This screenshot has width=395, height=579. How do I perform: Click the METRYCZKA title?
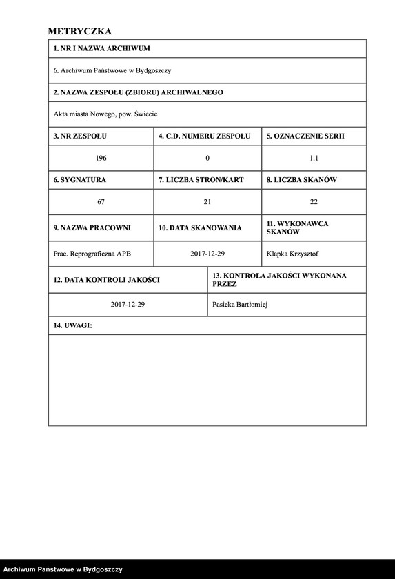pyautogui.click(x=80, y=31)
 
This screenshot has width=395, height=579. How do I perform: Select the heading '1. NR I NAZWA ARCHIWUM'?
pyautogui.click(x=101, y=49)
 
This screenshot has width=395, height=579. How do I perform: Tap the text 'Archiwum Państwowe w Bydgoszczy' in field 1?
pyautogui.click(x=116, y=70)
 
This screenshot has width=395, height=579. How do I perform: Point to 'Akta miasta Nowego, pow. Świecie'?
pyautogui.click(x=110, y=114)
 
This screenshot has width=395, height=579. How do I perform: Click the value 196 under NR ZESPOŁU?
pyautogui.click(x=101, y=159)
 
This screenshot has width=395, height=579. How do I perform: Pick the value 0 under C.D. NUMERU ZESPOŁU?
pyautogui.click(x=207, y=159)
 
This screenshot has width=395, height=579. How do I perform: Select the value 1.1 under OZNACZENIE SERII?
pyautogui.click(x=314, y=159)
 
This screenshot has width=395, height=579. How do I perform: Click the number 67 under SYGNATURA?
pyautogui.click(x=101, y=202)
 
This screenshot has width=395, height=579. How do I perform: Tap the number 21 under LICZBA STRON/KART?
pyautogui.click(x=207, y=202)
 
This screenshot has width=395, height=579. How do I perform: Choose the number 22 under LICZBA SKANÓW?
pyautogui.click(x=314, y=202)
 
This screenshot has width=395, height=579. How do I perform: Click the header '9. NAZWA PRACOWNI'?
pyautogui.click(x=92, y=227)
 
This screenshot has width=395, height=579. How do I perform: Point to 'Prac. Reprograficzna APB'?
pyautogui.click(x=92, y=254)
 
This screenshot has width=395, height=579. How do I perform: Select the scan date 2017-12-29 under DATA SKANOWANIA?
pyautogui.click(x=207, y=254)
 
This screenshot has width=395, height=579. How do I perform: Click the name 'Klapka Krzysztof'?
pyautogui.click(x=293, y=254)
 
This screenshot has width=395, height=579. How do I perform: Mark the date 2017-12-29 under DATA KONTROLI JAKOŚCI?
pyautogui.click(x=128, y=305)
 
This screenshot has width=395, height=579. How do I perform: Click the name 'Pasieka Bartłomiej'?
pyautogui.click(x=242, y=305)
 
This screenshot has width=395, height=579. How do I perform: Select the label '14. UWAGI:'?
pyautogui.click(x=72, y=325)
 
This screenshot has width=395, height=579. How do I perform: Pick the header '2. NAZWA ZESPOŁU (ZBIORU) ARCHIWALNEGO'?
pyautogui.click(x=138, y=92)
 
